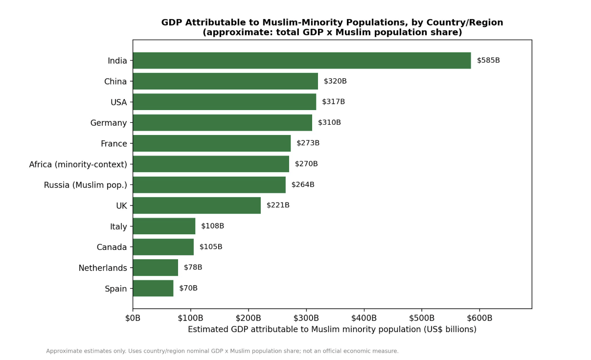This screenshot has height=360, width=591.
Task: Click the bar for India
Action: click(x=302, y=61)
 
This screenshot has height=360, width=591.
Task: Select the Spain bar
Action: click(x=153, y=288)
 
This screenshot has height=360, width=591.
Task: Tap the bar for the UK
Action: click(x=197, y=205)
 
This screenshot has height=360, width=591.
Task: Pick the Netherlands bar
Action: click(x=156, y=268)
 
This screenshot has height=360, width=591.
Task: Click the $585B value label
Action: click(x=488, y=60)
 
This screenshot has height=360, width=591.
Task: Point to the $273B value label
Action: click(x=308, y=143)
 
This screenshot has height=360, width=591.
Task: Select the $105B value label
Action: click(x=211, y=247)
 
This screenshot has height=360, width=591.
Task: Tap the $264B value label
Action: click(x=303, y=184)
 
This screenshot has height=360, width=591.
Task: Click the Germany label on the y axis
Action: click(x=109, y=123)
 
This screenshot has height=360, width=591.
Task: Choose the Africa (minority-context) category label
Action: click(x=78, y=164)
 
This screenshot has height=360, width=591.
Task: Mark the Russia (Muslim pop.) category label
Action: click(x=86, y=185)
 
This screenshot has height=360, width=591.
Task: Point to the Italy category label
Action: click(x=118, y=226)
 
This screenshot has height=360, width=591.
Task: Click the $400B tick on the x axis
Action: click(x=364, y=318)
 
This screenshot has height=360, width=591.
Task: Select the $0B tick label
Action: click(x=133, y=318)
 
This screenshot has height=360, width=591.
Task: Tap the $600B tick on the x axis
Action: click(x=479, y=318)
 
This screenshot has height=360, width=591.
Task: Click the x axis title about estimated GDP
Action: click(x=332, y=329)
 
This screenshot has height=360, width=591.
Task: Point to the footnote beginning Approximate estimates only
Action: click(x=222, y=351)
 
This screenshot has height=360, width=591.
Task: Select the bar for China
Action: click(x=226, y=81)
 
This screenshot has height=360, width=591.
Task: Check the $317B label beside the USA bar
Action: click(x=333, y=102)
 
